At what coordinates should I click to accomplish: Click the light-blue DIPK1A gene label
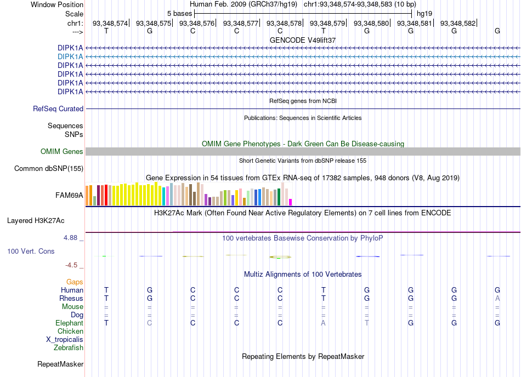pos(70,57)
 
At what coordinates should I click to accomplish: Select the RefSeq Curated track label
pos(58,109)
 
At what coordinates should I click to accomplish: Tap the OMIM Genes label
pos(62,152)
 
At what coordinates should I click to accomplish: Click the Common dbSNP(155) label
pos(49,169)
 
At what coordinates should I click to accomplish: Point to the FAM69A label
pos(69,196)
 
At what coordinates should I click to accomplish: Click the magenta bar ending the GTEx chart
pos(291,202)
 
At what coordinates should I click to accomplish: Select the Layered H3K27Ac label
pos(36,221)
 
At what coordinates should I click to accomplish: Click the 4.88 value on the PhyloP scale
pos(70,238)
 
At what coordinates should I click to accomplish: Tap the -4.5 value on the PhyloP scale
pos(71,265)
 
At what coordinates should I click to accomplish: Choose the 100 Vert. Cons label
pos(31,252)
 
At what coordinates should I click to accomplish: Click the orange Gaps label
pos(75,282)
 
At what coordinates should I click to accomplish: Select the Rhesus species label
pos(71,299)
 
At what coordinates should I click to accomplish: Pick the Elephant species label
pos(70,323)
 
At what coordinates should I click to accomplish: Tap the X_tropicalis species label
pos(65,340)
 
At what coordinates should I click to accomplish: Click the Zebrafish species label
pos(69,348)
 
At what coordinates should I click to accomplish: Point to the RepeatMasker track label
pos(60,364)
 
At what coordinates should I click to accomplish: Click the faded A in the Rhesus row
pos(497,298)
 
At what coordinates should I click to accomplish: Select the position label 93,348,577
pos(241,23)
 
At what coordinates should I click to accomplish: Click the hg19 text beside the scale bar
pos(424,14)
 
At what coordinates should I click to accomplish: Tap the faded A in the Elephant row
pos(324,323)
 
